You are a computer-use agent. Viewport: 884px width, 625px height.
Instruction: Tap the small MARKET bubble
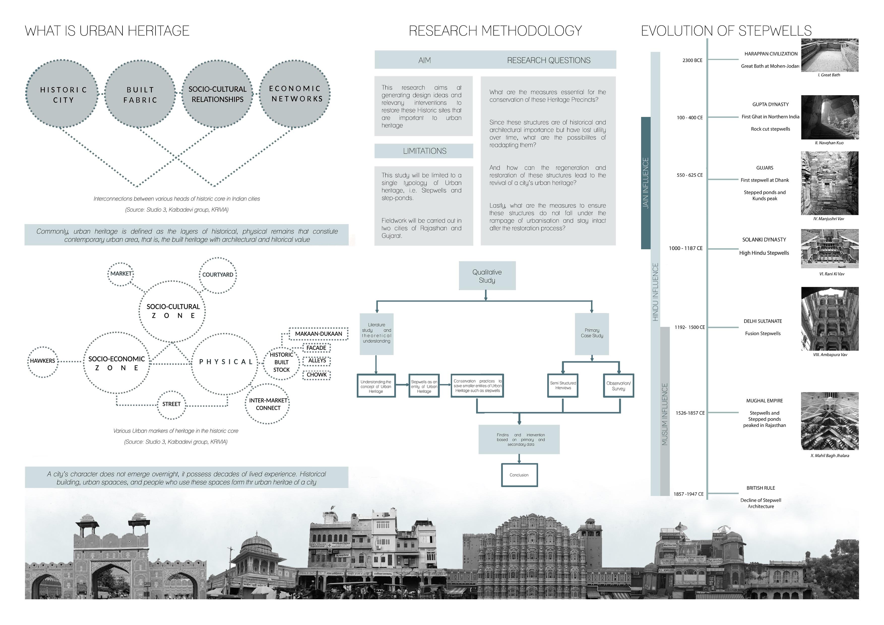click(121, 274)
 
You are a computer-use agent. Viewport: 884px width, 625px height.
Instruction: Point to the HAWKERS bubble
click(43, 361)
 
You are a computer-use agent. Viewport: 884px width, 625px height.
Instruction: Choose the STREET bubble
click(171, 404)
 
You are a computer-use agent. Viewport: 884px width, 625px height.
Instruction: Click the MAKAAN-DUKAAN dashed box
click(319, 334)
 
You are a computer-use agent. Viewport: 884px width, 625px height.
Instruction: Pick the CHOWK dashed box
click(317, 375)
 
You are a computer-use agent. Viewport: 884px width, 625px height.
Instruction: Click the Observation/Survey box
click(618, 386)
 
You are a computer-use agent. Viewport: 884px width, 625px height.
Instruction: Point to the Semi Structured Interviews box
click(563, 386)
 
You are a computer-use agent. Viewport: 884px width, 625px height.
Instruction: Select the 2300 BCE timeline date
click(692, 60)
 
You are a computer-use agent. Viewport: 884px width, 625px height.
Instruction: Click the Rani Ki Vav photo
click(830, 249)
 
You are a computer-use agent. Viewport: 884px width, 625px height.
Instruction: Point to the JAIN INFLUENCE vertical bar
click(646, 183)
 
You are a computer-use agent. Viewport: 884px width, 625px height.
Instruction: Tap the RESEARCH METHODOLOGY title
click(495, 31)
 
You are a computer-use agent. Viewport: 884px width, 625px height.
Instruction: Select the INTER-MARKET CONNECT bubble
click(268, 404)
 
